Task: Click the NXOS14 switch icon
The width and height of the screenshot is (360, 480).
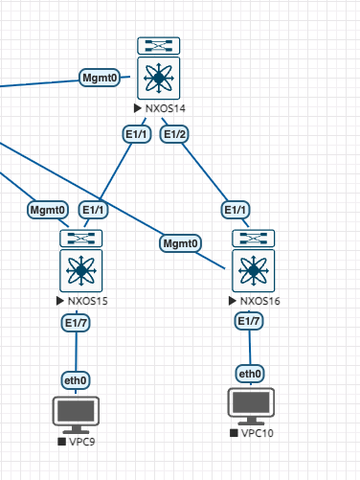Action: point(159,68)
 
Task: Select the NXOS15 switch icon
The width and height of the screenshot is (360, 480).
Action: point(81,261)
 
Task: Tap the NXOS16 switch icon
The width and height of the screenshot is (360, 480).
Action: point(254,261)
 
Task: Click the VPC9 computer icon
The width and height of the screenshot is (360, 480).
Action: point(76,415)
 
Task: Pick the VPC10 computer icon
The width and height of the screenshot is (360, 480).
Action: point(251,406)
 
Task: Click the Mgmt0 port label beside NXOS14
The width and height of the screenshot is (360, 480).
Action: point(100,78)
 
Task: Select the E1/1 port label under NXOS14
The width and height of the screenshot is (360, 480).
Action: point(137,134)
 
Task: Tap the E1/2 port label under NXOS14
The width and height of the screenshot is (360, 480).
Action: point(174,134)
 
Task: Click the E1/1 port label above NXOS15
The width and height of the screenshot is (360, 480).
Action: point(93,210)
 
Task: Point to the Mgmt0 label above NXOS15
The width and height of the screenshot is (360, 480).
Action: point(48,210)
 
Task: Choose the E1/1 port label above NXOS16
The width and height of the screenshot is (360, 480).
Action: point(236,210)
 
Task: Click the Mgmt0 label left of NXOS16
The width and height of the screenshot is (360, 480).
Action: point(180,243)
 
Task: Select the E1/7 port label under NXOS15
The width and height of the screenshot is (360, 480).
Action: point(76,323)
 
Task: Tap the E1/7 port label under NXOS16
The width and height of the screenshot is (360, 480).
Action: point(249,321)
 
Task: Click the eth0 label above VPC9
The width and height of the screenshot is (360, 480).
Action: point(76,380)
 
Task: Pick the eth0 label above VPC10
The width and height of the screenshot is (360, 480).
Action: point(250,374)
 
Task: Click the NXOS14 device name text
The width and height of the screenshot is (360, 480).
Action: point(166,108)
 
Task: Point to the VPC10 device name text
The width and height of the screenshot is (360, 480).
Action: point(258,433)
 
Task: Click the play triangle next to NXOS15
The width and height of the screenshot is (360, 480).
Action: point(59,301)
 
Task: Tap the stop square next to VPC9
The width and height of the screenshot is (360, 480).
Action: point(61,442)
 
